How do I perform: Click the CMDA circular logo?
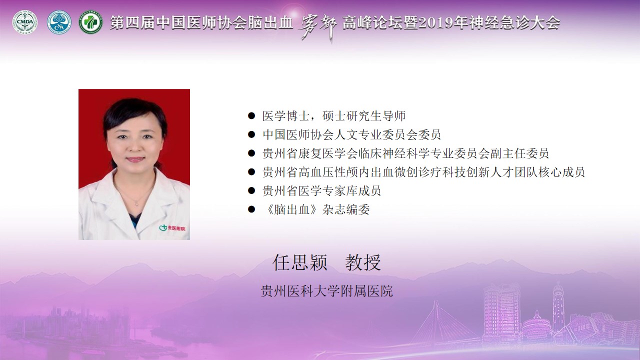click(25, 22)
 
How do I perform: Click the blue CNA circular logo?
click(59, 22)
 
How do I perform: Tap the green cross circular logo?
click(91, 22)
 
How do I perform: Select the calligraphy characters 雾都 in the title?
click(317, 27)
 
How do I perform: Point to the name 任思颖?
click(299, 262)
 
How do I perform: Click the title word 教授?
click(363, 262)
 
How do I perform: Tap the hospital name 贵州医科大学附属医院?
click(326, 291)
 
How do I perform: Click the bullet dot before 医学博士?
click(251, 115)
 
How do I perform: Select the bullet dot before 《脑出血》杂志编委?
click(251, 209)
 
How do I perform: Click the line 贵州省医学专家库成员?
click(321, 191)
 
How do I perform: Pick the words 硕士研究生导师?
click(364, 115)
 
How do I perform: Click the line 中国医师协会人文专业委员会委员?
click(351, 134)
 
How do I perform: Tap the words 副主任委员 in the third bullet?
click(519, 153)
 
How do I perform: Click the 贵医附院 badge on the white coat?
click(172, 228)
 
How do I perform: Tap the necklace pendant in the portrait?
click(136, 203)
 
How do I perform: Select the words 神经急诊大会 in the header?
click(514, 22)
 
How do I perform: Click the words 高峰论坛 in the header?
click(372, 22)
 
